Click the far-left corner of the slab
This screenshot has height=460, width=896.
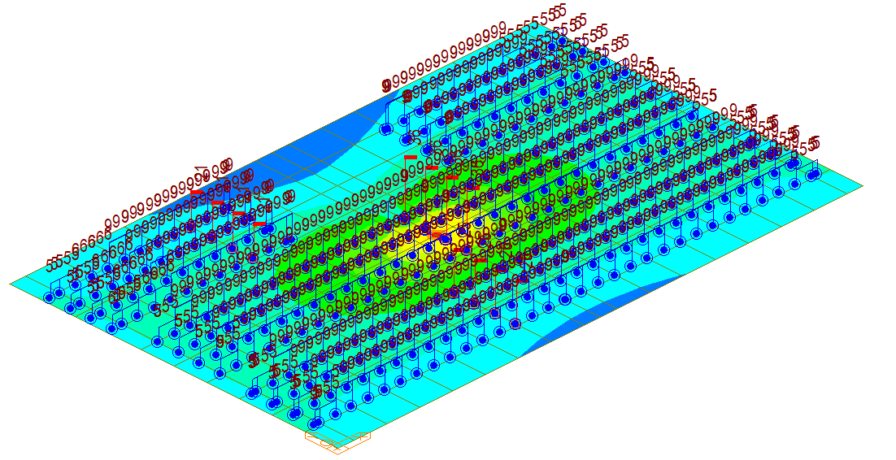(11, 284)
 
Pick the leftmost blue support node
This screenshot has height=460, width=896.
(49, 297)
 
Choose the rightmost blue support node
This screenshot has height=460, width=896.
(813, 174)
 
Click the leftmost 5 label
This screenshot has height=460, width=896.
(50, 264)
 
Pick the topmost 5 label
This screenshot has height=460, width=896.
(560, 11)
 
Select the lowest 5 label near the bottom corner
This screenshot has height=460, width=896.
(315, 393)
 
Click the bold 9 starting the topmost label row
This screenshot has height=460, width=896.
(386, 85)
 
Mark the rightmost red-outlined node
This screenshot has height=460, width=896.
(514, 325)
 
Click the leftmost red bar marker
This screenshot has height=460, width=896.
(197, 191)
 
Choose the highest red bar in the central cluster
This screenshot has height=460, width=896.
(411, 157)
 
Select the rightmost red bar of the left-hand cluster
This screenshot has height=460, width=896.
(259, 223)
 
